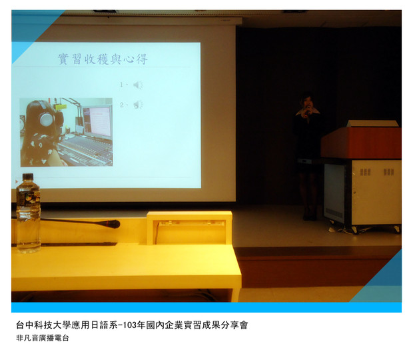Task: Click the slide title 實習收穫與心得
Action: click(103, 59)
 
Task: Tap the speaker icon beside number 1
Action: click(138, 85)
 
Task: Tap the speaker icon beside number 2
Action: click(139, 105)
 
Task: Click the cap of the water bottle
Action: click(28, 177)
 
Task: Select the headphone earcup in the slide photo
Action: click(46, 119)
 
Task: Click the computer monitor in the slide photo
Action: click(97, 121)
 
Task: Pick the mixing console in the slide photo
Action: click(86, 151)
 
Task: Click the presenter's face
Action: click(307, 102)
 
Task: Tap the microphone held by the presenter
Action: click(307, 113)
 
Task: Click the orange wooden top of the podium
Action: click(361, 143)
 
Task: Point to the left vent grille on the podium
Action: click(365, 172)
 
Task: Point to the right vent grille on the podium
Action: click(389, 172)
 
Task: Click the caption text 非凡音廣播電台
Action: click(43, 338)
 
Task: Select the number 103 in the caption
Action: click(130, 325)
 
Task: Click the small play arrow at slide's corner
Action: click(17, 181)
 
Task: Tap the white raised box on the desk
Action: click(189, 228)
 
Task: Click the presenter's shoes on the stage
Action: click(310, 217)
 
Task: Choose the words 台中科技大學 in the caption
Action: click(43, 325)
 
